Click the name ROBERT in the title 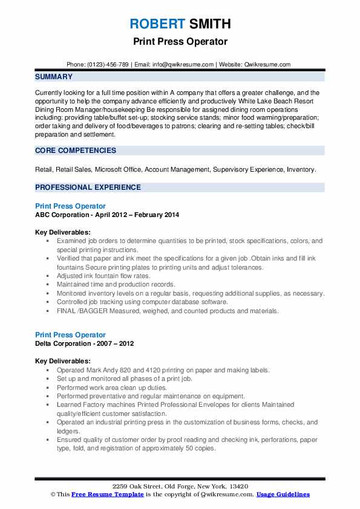point(155,24)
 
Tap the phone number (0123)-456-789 point(107,64)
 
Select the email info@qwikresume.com point(183,64)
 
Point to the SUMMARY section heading point(54,77)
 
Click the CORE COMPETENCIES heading point(75,150)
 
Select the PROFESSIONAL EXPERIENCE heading point(88,187)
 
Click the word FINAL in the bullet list point(66,311)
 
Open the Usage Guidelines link point(283,494)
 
